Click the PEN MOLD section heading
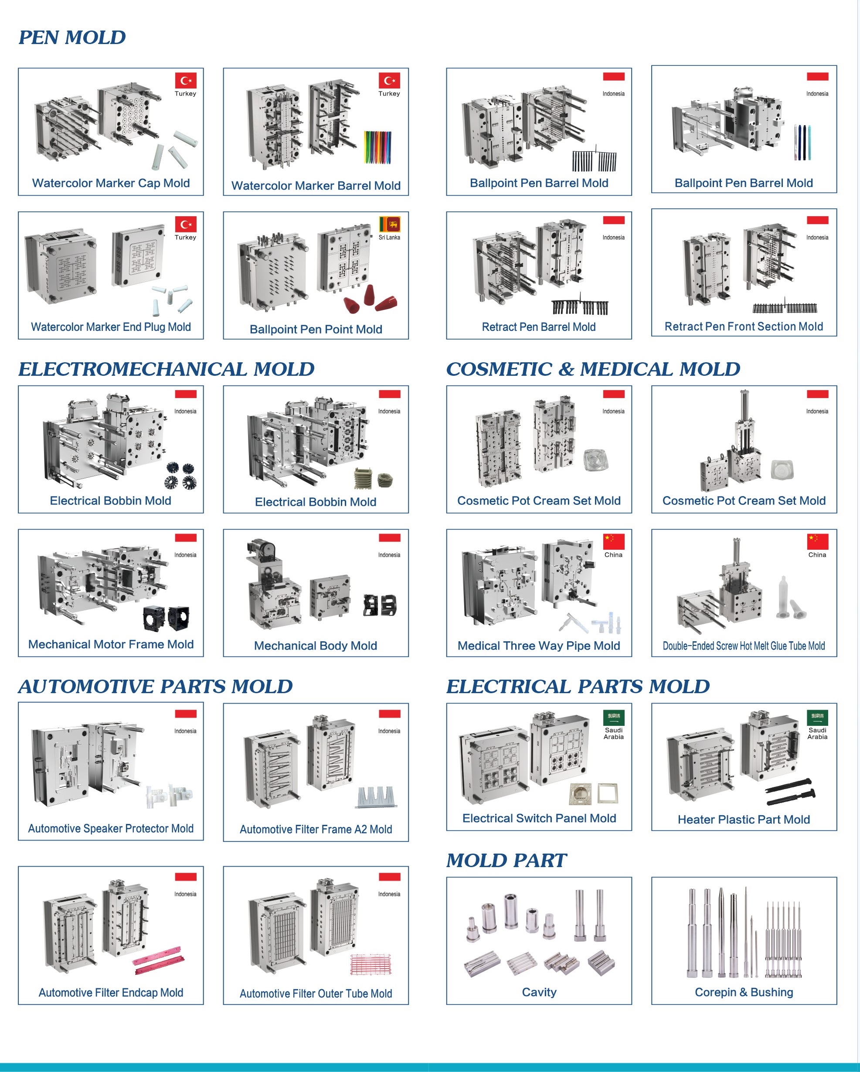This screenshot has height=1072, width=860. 72,38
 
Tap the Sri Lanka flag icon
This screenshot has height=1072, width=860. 389,224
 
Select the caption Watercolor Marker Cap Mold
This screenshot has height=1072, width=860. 111,183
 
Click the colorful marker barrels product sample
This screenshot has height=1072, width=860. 378,147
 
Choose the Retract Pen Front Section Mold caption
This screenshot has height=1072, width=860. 744,327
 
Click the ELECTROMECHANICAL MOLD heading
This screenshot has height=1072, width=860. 166,369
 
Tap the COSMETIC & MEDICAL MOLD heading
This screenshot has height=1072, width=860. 593,369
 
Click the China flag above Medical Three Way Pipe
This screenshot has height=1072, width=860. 613,541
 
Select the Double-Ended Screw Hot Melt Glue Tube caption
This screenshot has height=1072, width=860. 744,646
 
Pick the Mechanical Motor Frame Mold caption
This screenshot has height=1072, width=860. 111,644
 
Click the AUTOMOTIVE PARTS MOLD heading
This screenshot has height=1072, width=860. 156,687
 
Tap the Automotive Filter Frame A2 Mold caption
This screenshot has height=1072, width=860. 316,829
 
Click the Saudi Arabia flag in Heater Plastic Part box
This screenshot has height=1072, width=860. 817,717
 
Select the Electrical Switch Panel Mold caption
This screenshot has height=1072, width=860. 539,818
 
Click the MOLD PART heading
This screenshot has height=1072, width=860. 506,861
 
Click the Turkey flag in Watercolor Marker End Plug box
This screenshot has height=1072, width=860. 185,224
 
